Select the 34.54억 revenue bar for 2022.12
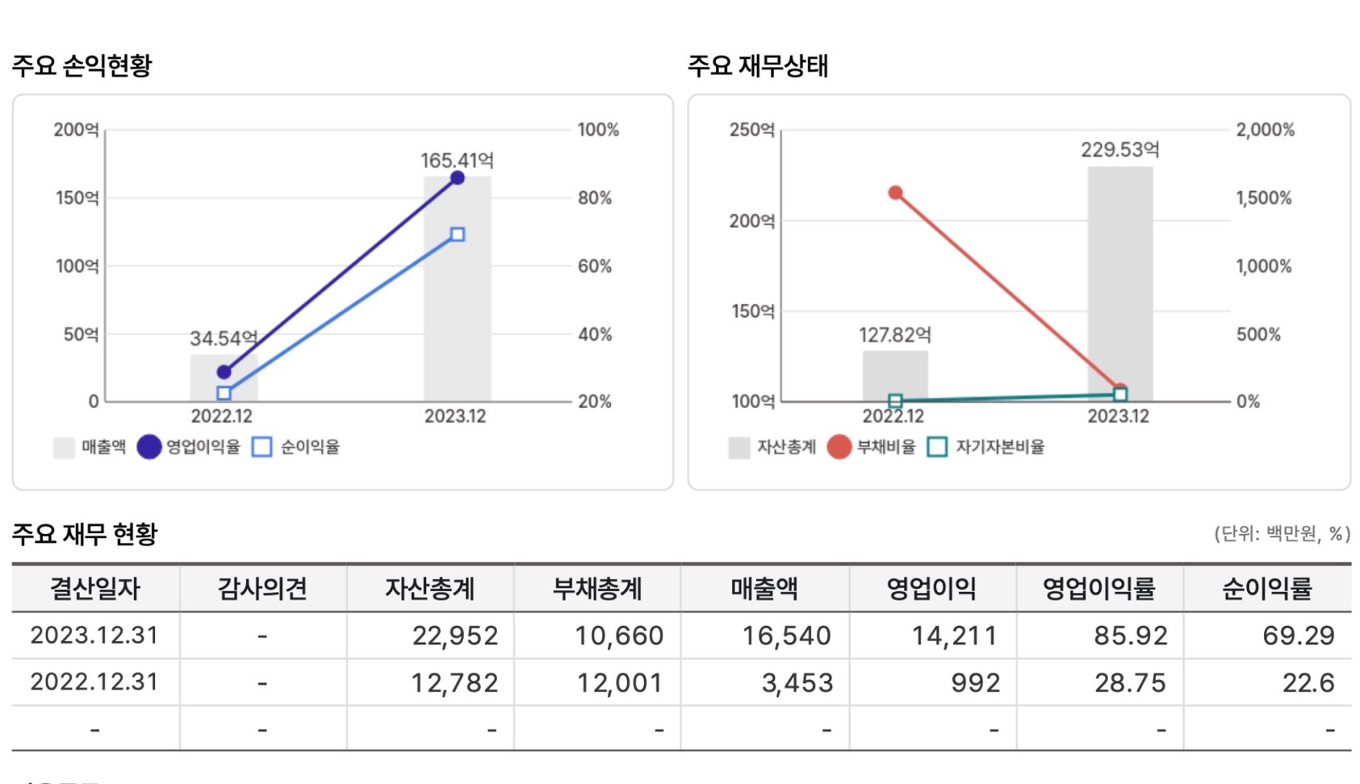click(224, 379)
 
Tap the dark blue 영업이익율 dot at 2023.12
click(457, 177)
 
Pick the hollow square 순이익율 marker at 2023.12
click(457, 235)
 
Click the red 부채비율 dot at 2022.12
click(895, 193)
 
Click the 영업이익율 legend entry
click(189, 447)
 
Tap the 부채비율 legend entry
click(872, 447)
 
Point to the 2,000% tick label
click(1265, 130)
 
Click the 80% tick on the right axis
click(595, 198)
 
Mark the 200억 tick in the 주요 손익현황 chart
click(76, 130)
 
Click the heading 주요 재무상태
click(758, 65)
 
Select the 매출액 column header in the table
click(764, 589)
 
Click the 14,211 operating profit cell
click(954, 636)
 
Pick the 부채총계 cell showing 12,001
click(619, 683)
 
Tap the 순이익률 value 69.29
click(1298, 636)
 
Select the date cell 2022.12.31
click(94, 682)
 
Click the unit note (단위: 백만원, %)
click(1281, 533)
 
